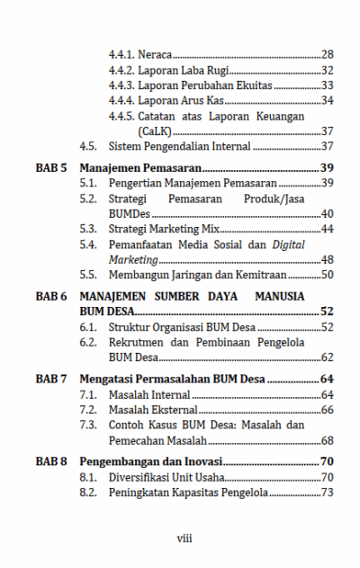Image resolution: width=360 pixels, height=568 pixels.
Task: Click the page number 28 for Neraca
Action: click(328, 55)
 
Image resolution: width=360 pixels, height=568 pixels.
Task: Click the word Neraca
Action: click(156, 55)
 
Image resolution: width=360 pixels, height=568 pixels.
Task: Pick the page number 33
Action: click(328, 86)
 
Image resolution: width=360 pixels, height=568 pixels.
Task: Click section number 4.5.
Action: click(87, 146)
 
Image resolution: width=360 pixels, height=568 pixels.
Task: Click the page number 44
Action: click(328, 229)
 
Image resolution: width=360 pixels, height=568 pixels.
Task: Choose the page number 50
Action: click(328, 275)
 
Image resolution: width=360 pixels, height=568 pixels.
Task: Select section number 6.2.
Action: click(87, 343)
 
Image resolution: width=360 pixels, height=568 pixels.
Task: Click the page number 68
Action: click(328, 441)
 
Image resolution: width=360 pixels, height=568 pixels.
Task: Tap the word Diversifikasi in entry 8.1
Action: click(140, 477)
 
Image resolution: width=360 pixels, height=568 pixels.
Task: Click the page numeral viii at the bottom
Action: click(184, 538)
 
